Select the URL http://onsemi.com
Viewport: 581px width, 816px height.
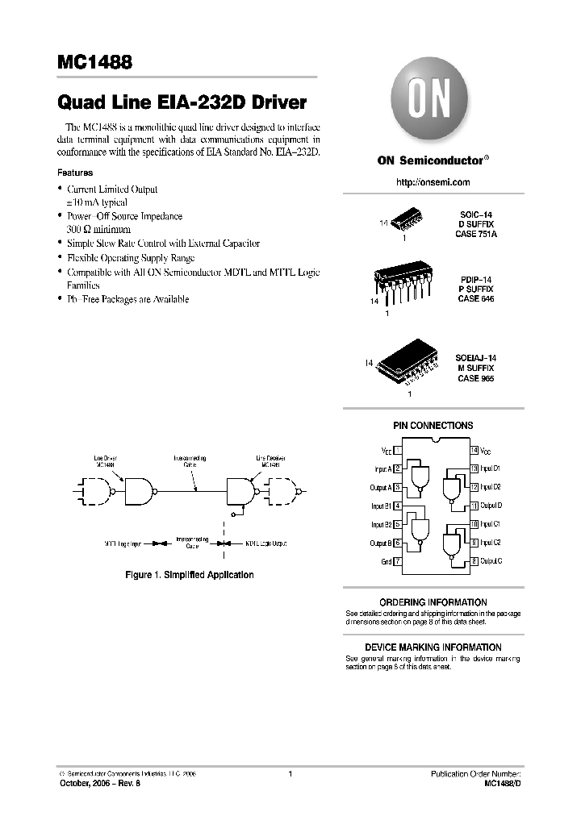(433, 183)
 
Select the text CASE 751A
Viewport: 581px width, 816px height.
(477, 234)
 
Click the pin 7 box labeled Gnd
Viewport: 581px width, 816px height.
(398, 561)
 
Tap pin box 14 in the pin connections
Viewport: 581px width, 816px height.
(474, 450)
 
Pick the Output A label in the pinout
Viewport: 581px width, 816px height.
(379, 487)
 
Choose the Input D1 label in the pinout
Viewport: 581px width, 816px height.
(491, 468)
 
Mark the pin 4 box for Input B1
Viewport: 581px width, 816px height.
(398, 506)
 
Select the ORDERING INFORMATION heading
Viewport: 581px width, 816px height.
(433, 602)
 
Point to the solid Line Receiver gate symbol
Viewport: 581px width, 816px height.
(241, 489)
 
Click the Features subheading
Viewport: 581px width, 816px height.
(74, 173)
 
